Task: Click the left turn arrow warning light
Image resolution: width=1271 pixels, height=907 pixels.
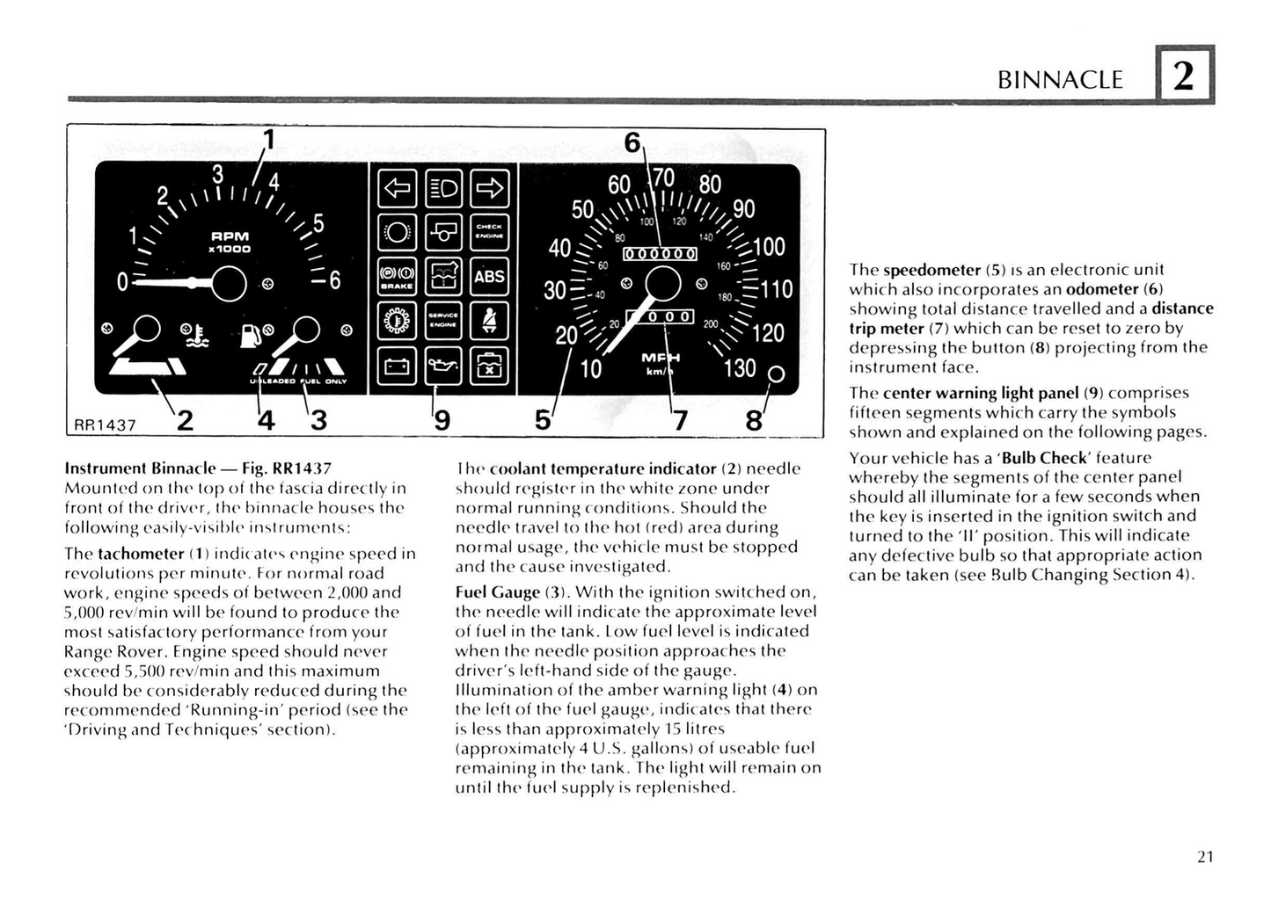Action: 397,187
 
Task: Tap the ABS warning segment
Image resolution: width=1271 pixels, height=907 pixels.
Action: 489,277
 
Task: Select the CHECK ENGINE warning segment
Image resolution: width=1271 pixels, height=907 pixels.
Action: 489,232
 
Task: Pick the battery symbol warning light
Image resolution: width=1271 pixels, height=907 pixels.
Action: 397,366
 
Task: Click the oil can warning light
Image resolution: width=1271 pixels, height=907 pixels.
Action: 442,366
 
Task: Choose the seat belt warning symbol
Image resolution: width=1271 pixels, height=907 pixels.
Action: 489,322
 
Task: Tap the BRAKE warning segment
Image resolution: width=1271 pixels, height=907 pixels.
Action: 397,277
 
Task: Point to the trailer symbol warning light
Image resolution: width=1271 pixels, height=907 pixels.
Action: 442,232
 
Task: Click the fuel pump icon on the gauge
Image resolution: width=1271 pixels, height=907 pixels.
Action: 252,334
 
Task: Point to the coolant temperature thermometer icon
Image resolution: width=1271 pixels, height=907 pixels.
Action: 195,335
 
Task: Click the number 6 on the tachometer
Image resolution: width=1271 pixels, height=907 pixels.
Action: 334,281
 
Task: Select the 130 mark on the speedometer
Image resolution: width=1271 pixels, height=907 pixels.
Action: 739,368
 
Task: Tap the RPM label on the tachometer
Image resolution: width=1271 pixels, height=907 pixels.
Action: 230,236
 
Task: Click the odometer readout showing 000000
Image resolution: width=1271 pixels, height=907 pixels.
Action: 660,255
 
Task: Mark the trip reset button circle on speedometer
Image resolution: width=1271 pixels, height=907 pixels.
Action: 776,374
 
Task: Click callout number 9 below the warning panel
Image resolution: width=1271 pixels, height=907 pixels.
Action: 442,422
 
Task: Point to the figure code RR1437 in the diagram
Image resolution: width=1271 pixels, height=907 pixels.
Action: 105,425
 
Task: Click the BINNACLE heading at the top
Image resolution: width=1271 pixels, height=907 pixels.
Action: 1060,80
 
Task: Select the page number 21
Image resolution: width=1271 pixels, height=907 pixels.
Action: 1204,856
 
